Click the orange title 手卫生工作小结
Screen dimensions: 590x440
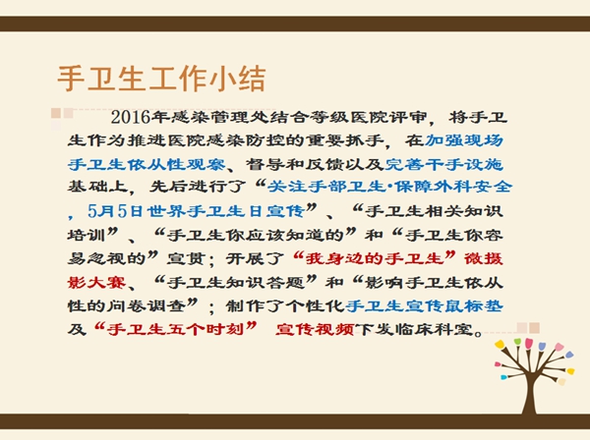pyautogui.click(x=161, y=79)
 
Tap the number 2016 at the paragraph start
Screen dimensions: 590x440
pyautogui.click(x=131, y=117)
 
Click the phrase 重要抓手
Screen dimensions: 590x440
pyautogui.click(x=345, y=140)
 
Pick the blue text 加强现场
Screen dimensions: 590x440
pyautogui.click(x=464, y=140)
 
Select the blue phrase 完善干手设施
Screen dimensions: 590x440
pyautogui.click(x=444, y=164)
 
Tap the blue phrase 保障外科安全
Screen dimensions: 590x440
pyautogui.click(x=453, y=187)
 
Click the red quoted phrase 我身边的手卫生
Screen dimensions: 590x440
pyautogui.click(x=374, y=259)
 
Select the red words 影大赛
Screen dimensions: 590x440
pyautogui.click(x=96, y=282)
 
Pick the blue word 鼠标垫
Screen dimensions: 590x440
pyautogui.click(x=474, y=305)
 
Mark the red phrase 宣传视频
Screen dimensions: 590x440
pyautogui.click(x=315, y=330)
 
